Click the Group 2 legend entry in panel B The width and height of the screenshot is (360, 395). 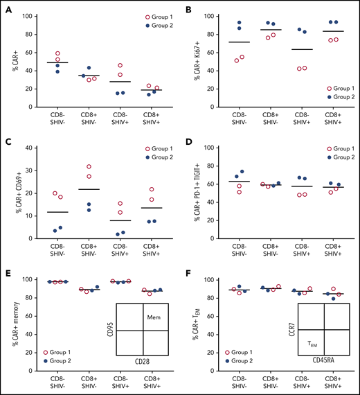[x=330, y=116]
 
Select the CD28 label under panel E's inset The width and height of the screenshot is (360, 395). [x=143, y=380]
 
